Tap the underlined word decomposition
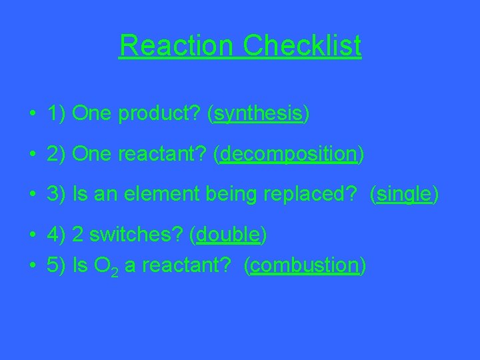tap(289, 155)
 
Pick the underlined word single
tap(405, 195)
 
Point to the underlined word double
tap(228, 235)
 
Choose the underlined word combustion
tap(305, 265)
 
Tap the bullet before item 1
tap(32, 115)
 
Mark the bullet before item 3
tap(32, 195)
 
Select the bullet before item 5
tap(32, 265)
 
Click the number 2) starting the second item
tap(56, 155)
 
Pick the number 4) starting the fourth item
tap(56, 235)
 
